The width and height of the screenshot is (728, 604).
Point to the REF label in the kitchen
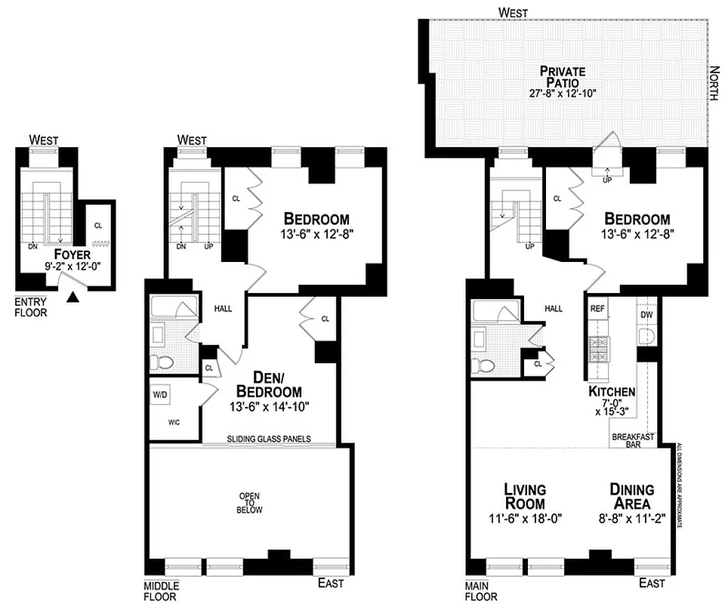tap(597, 309)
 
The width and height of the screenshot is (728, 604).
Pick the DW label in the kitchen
tap(646, 314)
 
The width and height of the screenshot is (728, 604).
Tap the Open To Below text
tap(250, 503)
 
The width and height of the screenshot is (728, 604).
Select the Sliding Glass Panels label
tap(270, 439)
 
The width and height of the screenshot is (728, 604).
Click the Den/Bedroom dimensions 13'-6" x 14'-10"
tap(270, 406)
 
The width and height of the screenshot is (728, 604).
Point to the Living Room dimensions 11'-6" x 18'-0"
tap(525, 519)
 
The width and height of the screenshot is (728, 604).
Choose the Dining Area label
tap(632, 496)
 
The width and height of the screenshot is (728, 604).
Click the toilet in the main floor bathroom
tap(487, 365)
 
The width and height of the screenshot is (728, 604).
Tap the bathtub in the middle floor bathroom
tap(173, 307)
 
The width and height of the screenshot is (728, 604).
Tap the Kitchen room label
tap(612, 392)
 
